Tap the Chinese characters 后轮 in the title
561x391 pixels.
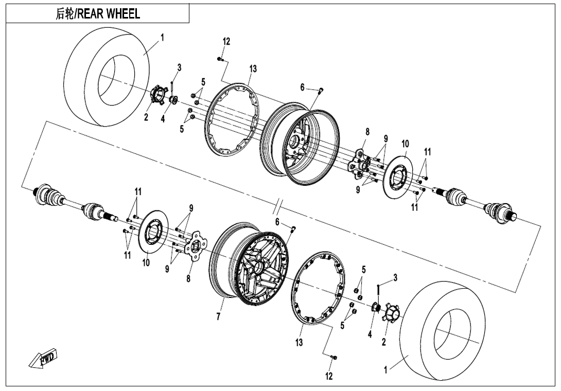(x=65, y=14)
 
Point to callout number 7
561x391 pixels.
(x=218, y=317)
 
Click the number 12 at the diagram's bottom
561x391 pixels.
(x=329, y=376)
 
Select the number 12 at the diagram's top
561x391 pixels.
(x=226, y=42)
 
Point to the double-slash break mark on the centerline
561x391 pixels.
(x=278, y=206)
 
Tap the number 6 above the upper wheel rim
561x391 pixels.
(x=303, y=88)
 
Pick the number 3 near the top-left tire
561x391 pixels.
(x=179, y=67)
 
